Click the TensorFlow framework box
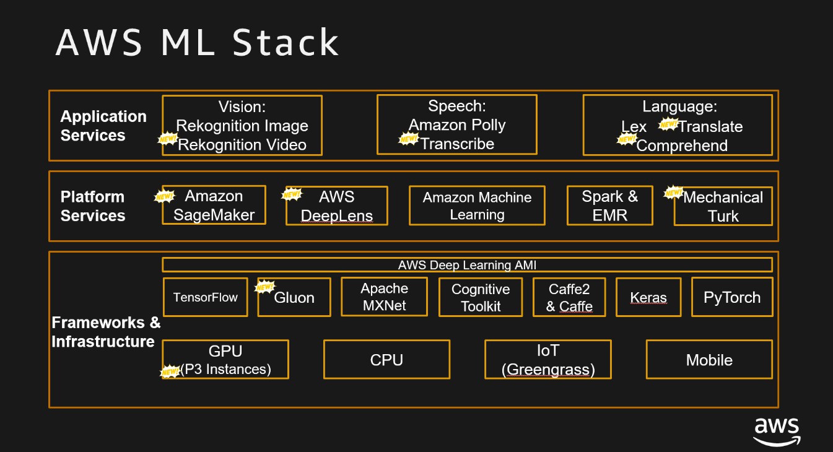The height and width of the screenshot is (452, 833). pos(205,297)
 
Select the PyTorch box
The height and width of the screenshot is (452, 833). pos(731,297)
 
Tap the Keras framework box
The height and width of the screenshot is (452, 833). pos(648,297)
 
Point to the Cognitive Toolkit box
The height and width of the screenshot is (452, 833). pos(481,297)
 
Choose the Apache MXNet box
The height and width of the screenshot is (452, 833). pos(385,297)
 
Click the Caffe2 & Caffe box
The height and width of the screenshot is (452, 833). pos(569,297)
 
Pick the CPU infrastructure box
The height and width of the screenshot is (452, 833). pos(386,360)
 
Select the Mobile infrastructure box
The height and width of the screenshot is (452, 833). pos(709,360)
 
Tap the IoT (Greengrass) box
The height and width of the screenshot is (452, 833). pos(548,360)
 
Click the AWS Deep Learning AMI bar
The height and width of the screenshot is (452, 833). pos(467,265)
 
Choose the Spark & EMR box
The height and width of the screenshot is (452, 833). pos(609,206)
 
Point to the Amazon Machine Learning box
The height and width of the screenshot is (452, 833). pos(477,206)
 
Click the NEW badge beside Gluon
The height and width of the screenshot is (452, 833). pos(265,287)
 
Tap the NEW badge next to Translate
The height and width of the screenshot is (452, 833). pos(668,124)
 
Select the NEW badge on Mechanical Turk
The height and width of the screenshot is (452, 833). pos(673,193)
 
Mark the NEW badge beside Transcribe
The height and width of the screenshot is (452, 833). pos(408,139)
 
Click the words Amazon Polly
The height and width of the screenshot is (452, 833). pos(457,125)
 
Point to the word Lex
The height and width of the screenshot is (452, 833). pos(634,127)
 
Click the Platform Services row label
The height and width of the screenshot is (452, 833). pos(93,206)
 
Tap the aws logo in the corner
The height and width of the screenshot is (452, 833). pos(777,430)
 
